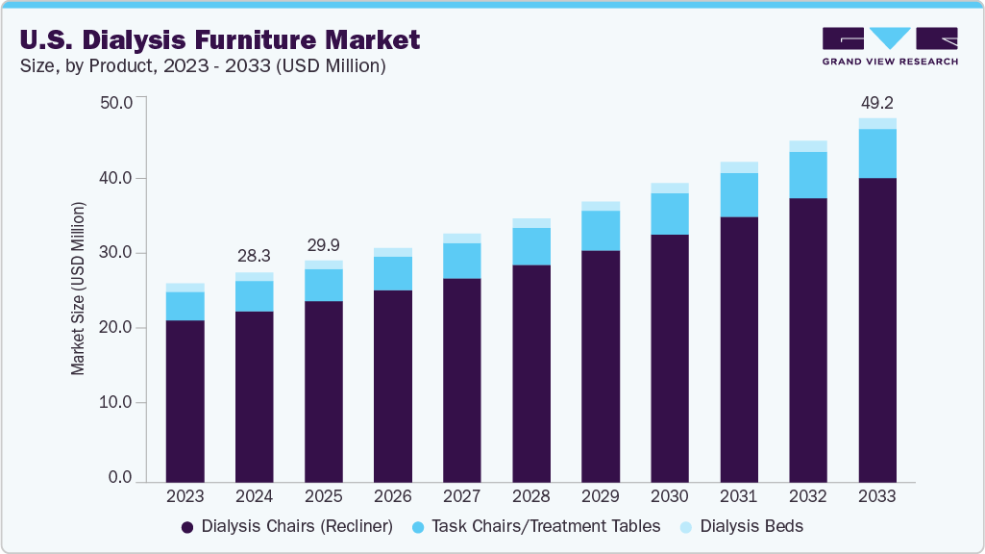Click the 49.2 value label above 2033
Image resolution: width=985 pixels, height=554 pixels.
tap(876, 103)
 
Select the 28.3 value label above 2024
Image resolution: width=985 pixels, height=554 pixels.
tap(254, 255)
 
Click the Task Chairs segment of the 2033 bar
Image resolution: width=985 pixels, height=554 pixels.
tap(876, 154)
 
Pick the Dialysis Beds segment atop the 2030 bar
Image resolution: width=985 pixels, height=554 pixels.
tap(669, 189)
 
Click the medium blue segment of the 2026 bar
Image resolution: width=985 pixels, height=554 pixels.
tap(392, 273)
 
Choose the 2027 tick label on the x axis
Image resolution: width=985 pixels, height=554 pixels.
tap(461, 497)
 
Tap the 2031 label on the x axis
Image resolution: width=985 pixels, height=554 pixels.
tap(739, 497)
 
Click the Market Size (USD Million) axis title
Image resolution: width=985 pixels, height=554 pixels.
tap(79, 289)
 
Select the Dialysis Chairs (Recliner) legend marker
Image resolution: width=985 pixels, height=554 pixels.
tap(188, 527)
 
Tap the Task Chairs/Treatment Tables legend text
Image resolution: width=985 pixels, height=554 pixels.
tap(546, 526)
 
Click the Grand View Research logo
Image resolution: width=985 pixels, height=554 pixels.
tap(890, 46)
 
